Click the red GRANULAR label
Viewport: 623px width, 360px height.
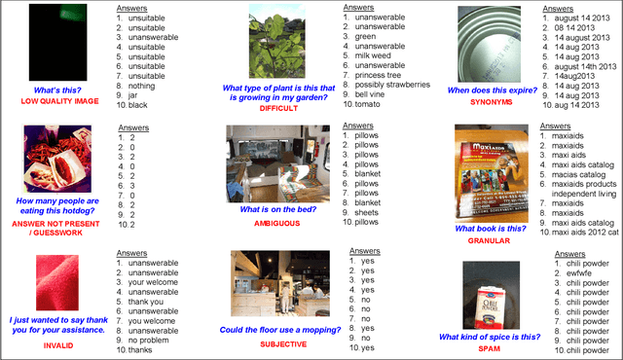[x=491, y=240]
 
